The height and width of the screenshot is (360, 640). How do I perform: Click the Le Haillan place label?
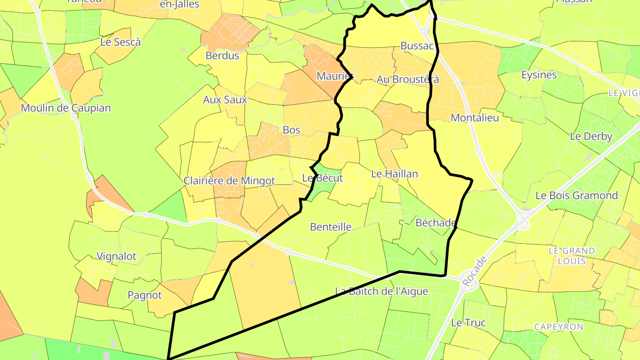click(x=395, y=174)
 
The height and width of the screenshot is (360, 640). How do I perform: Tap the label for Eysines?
click(x=539, y=75)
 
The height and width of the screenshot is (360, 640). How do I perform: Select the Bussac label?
click(x=417, y=46)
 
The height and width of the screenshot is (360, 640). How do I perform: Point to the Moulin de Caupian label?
click(x=66, y=108)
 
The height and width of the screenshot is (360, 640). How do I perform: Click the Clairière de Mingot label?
click(x=229, y=181)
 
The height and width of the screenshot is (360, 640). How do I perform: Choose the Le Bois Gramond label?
click(x=576, y=195)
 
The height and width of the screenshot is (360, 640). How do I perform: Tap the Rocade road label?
click(x=475, y=271)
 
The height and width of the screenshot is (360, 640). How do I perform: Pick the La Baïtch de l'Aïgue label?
click(x=381, y=291)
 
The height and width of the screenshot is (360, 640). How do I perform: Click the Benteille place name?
click(x=331, y=227)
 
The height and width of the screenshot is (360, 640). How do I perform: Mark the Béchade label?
click(x=436, y=223)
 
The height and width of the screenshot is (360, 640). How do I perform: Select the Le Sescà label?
click(x=120, y=42)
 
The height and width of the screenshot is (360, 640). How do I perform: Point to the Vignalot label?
click(x=116, y=256)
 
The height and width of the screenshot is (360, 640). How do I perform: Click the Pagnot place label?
click(x=145, y=295)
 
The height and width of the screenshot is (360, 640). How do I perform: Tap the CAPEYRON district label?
click(x=559, y=327)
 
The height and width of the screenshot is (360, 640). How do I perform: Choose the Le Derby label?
click(x=591, y=136)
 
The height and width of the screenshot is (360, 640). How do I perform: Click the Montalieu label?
click(x=475, y=118)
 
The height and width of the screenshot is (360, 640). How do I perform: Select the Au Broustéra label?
click(x=408, y=80)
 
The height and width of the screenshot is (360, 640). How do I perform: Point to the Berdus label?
click(x=222, y=56)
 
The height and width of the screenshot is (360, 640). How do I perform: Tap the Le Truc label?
click(x=468, y=323)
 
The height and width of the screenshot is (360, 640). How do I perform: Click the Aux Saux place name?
click(x=225, y=100)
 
